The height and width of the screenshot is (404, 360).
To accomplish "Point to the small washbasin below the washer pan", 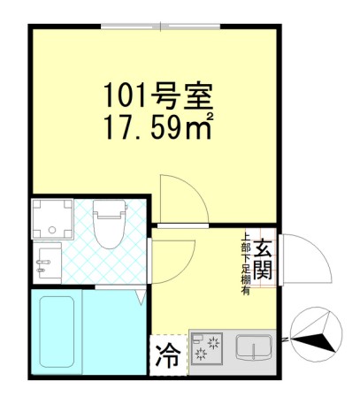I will pos(48,263).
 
